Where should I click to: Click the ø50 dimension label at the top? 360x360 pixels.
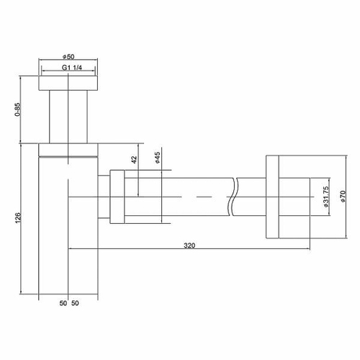click(68, 58)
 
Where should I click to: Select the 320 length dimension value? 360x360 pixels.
click(190, 245)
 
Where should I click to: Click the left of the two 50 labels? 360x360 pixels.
click(63, 304)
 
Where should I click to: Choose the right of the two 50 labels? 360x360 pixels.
click(75, 304)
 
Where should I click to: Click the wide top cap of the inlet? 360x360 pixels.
click(68, 82)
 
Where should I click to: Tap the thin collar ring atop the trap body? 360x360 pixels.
click(68, 149)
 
